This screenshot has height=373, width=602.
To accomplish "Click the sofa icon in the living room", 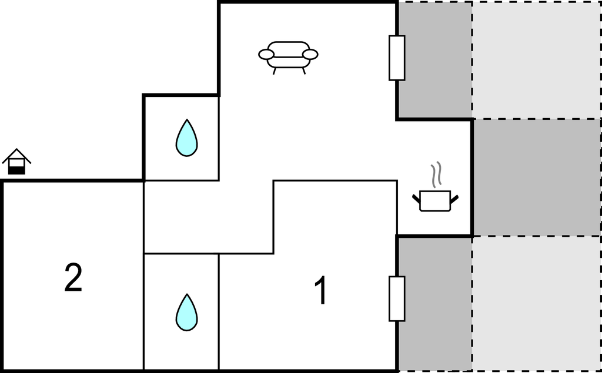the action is pos(288,58).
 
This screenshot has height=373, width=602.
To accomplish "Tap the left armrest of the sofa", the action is pos(266,55).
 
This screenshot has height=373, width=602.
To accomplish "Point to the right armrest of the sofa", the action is pos(310,55).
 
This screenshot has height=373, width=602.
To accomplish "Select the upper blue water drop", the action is pos(186,138).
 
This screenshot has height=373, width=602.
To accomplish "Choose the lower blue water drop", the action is pos(186,312).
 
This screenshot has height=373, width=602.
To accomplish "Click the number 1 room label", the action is pos(321,291).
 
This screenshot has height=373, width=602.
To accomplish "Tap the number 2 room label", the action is pos(73,278).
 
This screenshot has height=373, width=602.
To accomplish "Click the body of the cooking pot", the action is pos(435,201).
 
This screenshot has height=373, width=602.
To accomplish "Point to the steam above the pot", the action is pos(436,174).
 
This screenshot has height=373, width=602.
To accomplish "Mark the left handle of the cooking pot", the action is pos(416,199).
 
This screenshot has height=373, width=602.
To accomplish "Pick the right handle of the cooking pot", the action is pos(454,199).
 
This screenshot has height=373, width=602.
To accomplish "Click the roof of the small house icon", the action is pos(16,156).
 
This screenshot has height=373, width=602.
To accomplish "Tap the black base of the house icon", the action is pos(16,170).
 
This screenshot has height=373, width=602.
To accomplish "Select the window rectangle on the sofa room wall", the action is pos(397,58).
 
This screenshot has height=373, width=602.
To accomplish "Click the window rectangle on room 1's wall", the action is pos(397,298).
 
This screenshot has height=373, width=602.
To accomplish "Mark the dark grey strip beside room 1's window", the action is pos(435,304).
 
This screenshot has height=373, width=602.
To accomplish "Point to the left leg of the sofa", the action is pos(275,71).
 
